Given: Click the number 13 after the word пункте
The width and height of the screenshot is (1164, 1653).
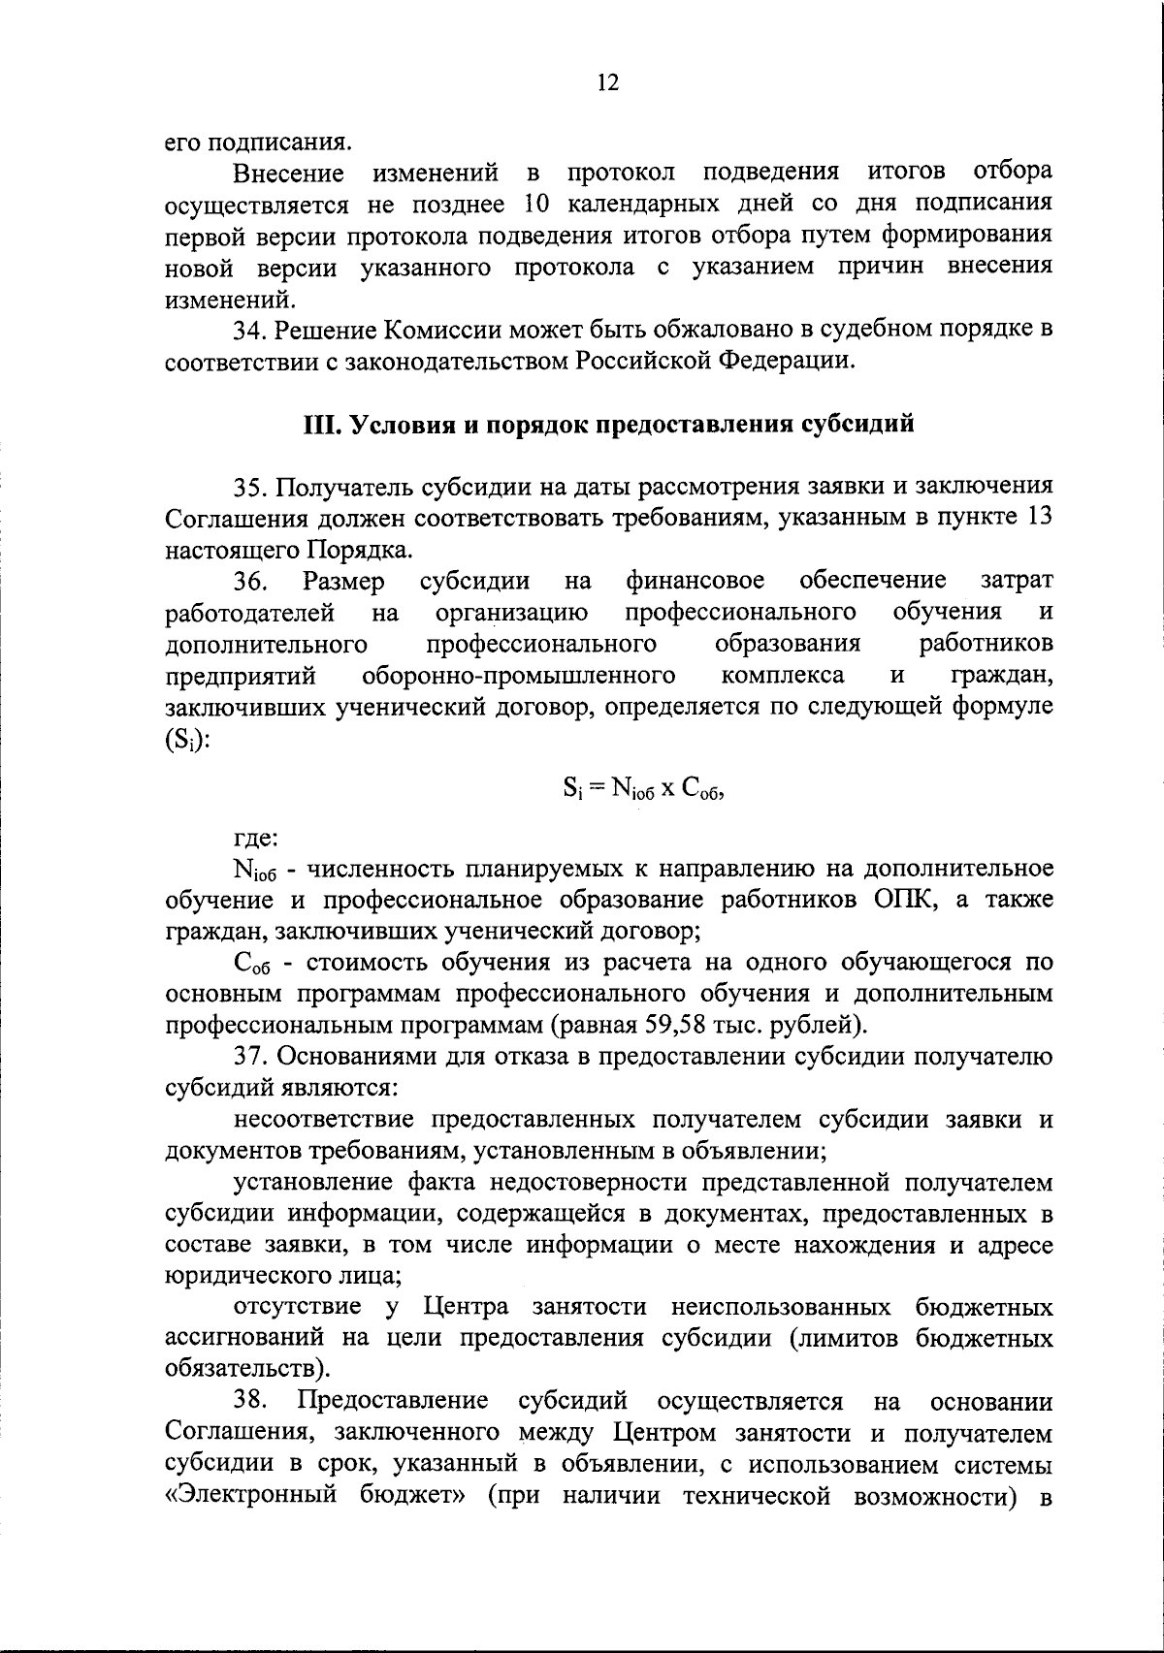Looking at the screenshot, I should (x=1037, y=518).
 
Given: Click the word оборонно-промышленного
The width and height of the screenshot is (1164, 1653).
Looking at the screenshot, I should (x=518, y=675).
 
